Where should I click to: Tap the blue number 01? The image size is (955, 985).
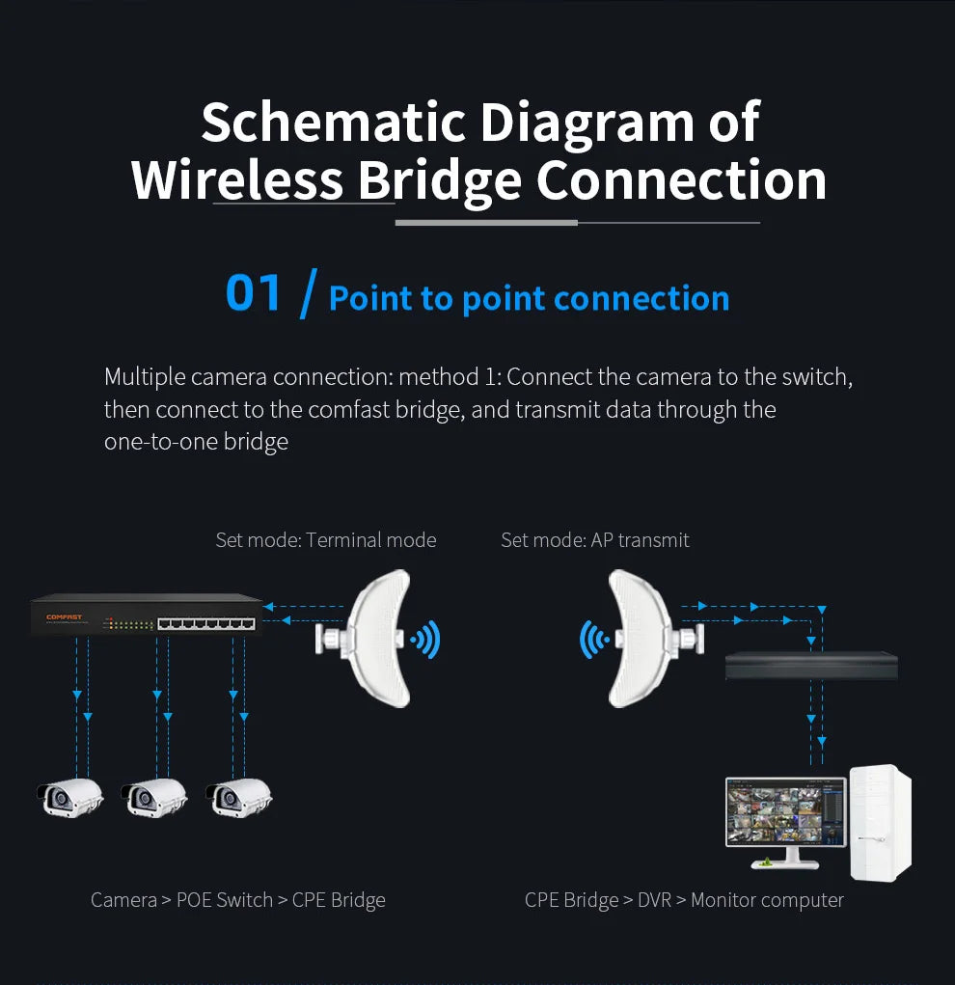pyautogui.click(x=254, y=293)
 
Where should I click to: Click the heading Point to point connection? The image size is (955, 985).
pyautogui.click(x=529, y=298)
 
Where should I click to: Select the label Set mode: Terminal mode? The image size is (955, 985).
pyautogui.click(x=325, y=540)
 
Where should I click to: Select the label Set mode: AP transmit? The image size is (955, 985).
pyautogui.click(x=594, y=540)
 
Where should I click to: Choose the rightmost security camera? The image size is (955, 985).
pyautogui.click(x=238, y=796)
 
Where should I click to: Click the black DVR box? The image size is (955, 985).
pyautogui.click(x=811, y=666)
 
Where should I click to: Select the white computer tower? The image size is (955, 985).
pyautogui.click(x=880, y=822)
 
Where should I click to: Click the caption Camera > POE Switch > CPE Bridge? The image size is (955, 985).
pyautogui.click(x=237, y=900)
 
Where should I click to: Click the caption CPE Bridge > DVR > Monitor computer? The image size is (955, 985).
pyautogui.click(x=684, y=900)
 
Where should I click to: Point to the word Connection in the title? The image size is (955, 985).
pyautogui.click(x=681, y=180)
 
